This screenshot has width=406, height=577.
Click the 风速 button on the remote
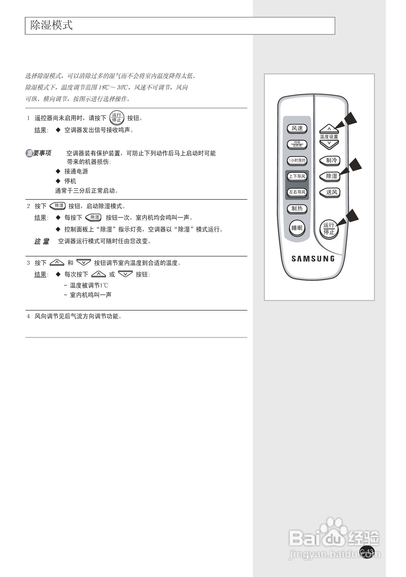tap(297, 128)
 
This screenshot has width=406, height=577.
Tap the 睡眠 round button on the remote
tap(297, 228)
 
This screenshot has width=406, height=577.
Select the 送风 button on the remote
tap(330, 193)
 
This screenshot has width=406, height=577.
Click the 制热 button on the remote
tap(297, 208)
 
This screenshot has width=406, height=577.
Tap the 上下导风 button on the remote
tap(297, 176)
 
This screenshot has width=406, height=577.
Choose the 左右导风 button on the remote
tap(297, 192)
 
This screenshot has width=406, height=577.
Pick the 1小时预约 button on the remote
tap(297, 160)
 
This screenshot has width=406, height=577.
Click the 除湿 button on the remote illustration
tap(330, 176)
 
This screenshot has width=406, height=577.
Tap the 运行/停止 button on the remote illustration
tap(329, 229)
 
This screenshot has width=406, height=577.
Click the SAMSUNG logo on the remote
tap(313, 259)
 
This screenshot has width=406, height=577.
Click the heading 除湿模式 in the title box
tap(52, 25)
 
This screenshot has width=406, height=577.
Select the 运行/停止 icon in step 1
tap(117, 118)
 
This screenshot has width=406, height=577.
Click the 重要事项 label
tap(39, 153)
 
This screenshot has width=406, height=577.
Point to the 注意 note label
tap(42, 241)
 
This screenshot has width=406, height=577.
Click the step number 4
tap(28, 316)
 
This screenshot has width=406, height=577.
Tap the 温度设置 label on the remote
tap(329, 137)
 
